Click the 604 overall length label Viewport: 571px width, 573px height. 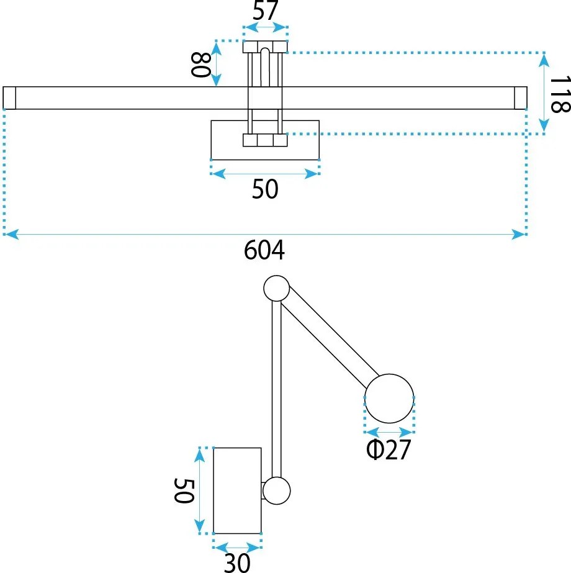click(264, 250)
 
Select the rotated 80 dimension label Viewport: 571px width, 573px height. click(200, 65)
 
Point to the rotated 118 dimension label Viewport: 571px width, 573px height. click(560, 94)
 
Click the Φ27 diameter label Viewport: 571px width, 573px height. click(389, 449)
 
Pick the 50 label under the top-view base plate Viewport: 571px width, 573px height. click(265, 189)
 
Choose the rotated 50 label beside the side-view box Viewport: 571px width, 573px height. click(183, 490)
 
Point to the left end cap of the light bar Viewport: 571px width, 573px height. click(9, 98)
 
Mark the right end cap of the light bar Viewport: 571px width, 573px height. click(521, 98)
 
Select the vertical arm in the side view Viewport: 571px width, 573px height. click(277, 389)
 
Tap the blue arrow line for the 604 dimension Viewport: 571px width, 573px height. click(265, 234)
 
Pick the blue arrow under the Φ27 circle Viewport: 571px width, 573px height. click(389, 432)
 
